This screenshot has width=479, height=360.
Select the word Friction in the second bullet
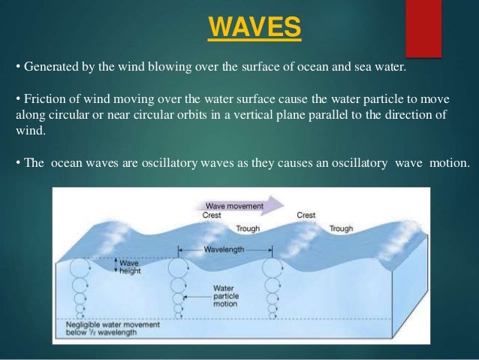(45, 101)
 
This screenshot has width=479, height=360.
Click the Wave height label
(130, 267)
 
